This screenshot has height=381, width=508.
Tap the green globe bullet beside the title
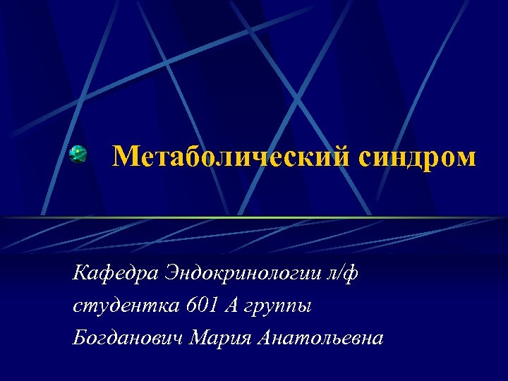pos(78,155)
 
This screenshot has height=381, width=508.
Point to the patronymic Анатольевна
pos(322,338)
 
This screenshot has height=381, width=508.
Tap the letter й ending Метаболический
pos(339,157)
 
